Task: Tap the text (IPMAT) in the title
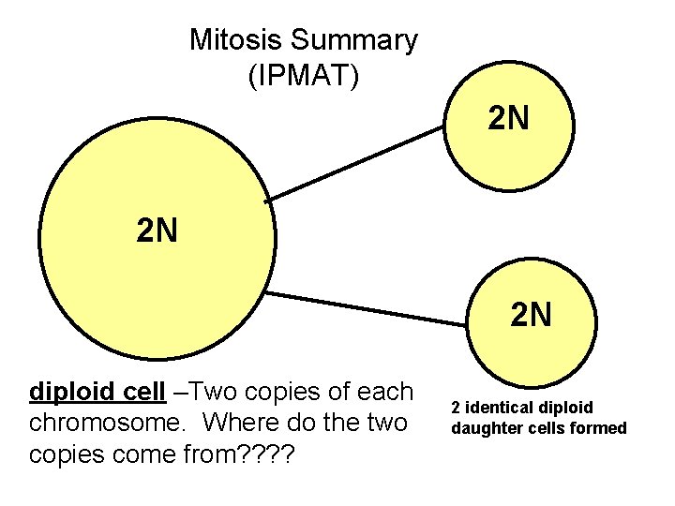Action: [x=303, y=75]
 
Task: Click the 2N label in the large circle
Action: [x=157, y=230]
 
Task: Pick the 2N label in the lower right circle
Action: [x=532, y=315]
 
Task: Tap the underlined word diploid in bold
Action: [x=70, y=391]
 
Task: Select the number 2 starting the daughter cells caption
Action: [x=456, y=408]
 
